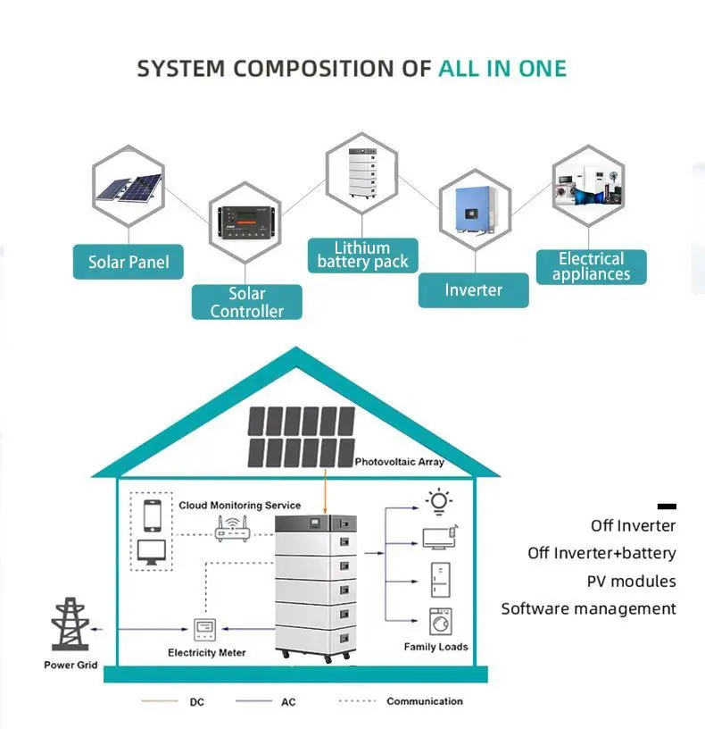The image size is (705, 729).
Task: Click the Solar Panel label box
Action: pos(129,263)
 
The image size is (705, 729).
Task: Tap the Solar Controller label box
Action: pos(247,302)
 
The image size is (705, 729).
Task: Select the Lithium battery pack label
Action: pos(362,255)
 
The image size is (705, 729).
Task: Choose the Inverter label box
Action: pos(473,289)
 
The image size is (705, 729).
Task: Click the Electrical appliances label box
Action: pos(591,266)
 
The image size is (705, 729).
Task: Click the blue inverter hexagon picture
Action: pos(474,210)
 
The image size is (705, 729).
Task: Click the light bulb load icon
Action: pos(438,502)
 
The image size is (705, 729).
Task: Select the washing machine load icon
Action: pos(440,621)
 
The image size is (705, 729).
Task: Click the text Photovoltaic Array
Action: pos(399,463)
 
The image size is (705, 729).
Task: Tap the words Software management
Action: pos(588,608)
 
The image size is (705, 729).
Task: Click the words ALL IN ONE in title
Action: pos(502,69)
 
